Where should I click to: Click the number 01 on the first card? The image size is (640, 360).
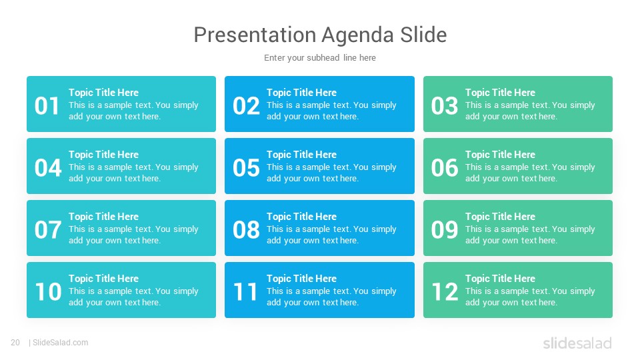click(x=47, y=106)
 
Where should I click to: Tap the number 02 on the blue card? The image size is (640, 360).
click(x=246, y=106)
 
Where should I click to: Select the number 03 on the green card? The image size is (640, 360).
click(x=445, y=106)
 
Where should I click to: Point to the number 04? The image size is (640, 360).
click(x=48, y=168)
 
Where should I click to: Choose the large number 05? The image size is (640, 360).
click(x=246, y=168)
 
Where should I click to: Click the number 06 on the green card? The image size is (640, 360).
click(x=445, y=168)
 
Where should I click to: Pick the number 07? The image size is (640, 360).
click(x=48, y=230)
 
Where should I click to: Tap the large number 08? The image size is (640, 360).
click(x=246, y=230)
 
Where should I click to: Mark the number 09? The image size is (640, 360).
click(x=445, y=230)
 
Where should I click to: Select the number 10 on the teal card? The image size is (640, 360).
click(x=49, y=292)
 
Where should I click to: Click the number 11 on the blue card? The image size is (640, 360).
click(x=245, y=292)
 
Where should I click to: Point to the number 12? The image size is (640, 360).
click(x=445, y=292)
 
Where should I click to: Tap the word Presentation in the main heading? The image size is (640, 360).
click(x=253, y=35)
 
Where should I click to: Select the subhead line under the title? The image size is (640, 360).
click(x=320, y=58)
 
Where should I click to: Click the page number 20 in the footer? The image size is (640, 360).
click(x=15, y=343)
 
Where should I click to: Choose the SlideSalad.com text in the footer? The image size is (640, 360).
click(x=61, y=343)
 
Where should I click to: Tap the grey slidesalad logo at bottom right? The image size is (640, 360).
click(x=577, y=343)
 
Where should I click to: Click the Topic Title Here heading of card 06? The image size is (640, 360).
click(x=500, y=155)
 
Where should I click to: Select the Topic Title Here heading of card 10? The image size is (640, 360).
click(x=104, y=279)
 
